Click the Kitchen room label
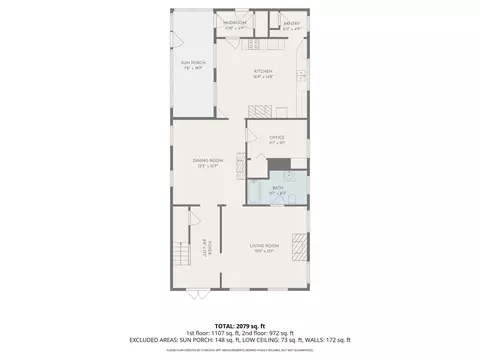point(263,73)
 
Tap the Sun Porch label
point(193,66)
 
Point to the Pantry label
point(291,24)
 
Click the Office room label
point(277,139)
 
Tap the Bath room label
point(275,191)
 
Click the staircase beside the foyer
point(180,255)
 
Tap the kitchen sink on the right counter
point(302,74)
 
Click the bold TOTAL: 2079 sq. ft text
point(239,325)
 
